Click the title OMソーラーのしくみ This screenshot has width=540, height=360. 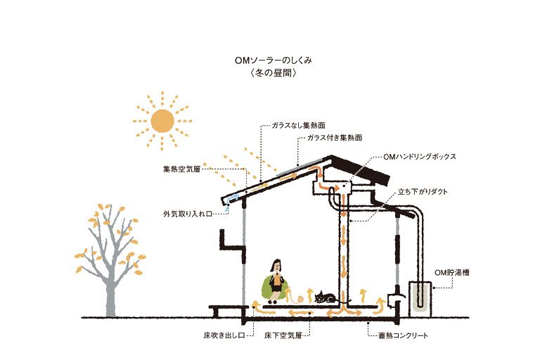click(273, 60)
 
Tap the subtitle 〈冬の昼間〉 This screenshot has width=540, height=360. click(274, 73)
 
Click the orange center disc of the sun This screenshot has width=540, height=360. click(162, 121)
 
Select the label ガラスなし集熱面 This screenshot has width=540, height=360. click(299, 125)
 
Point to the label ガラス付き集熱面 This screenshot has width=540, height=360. click(335, 138)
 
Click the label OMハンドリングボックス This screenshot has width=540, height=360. click(420, 157)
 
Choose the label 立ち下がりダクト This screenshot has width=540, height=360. click(423, 192)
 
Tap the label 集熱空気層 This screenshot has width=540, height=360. click(181, 169)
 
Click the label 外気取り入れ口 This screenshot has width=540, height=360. click(188, 214)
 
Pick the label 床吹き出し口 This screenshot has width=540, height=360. click(224, 335)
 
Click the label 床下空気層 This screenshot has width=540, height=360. click(283, 335)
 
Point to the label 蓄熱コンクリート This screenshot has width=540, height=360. click(404, 335)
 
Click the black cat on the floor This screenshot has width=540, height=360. click(324, 297)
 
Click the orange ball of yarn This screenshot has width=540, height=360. click(301, 299)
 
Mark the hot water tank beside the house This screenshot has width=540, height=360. click(420, 300)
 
